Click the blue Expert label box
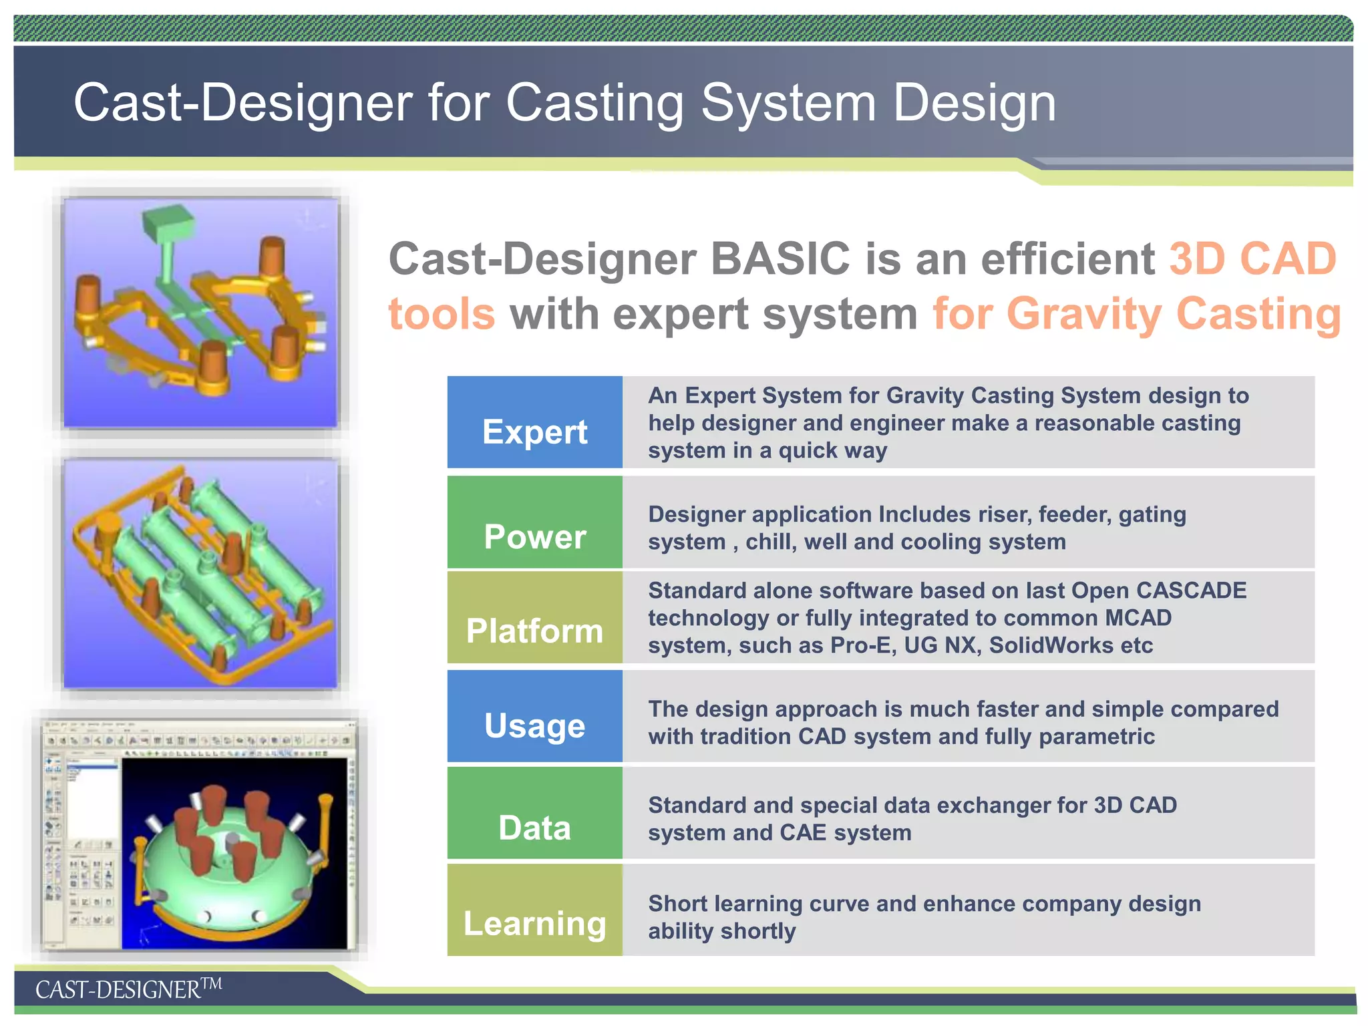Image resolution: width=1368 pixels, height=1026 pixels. point(534,422)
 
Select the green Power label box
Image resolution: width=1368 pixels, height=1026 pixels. point(534,522)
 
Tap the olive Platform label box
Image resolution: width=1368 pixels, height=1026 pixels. point(534,617)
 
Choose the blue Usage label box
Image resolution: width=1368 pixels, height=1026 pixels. point(534,716)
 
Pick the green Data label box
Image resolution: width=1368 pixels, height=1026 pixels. point(534,812)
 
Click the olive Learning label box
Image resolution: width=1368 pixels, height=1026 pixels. point(534,910)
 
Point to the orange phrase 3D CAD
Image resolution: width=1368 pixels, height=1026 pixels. point(1252,259)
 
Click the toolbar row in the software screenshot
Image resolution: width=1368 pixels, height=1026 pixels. point(200,740)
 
